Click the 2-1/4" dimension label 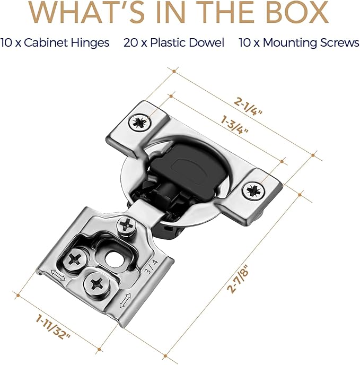coord(248,107)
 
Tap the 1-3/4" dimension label coord(234,126)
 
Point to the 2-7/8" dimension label coord(238,279)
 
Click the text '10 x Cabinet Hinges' coord(55,42)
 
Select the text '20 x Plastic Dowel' coord(174,42)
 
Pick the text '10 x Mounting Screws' coord(299,42)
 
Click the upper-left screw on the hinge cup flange coord(139,122)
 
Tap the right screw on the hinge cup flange coord(253,190)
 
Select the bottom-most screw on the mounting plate coord(97,284)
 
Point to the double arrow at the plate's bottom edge coord(125,300)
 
